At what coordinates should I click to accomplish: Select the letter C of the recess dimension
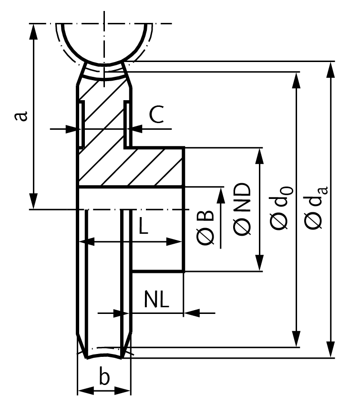tap(157, 115)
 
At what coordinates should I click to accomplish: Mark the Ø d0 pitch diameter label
tap(280, 208)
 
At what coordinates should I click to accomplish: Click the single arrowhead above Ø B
tap(221, 196)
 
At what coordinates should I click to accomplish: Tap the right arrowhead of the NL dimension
tap(191, 313)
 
